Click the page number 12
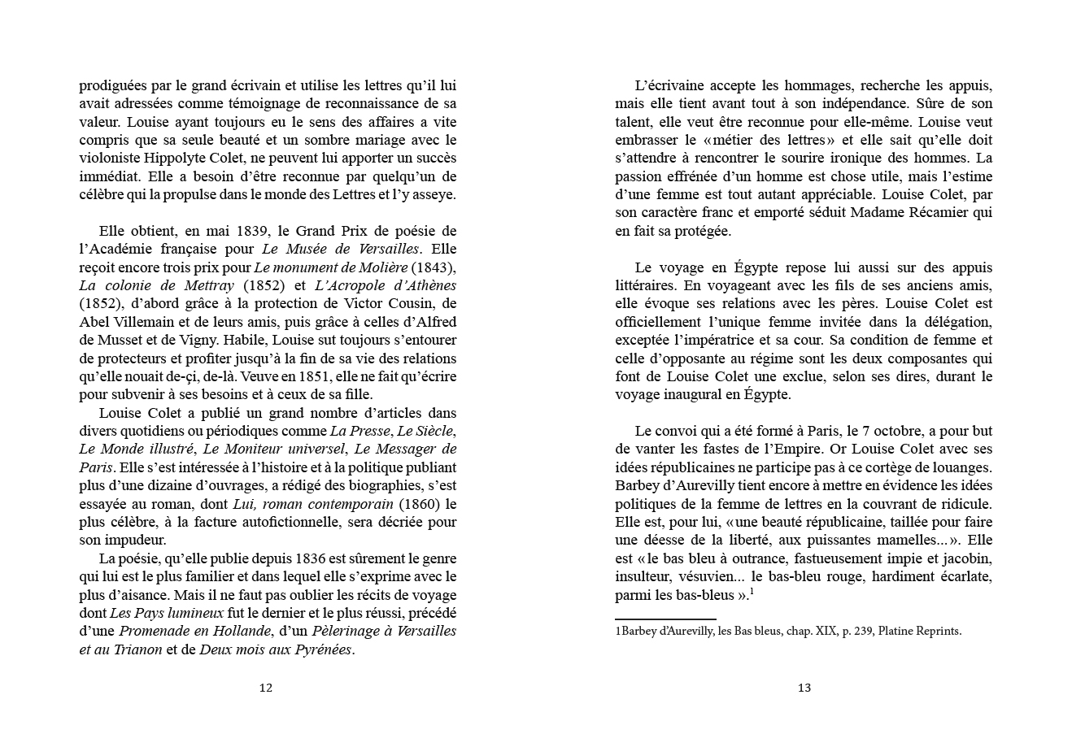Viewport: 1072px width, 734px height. pos(265,688)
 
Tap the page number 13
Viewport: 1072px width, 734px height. pos(804,688)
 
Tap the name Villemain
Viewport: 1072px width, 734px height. pos(137,322)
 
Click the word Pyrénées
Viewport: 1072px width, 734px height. pos(323,649)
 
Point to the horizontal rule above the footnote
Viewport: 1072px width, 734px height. pos(665,619)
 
